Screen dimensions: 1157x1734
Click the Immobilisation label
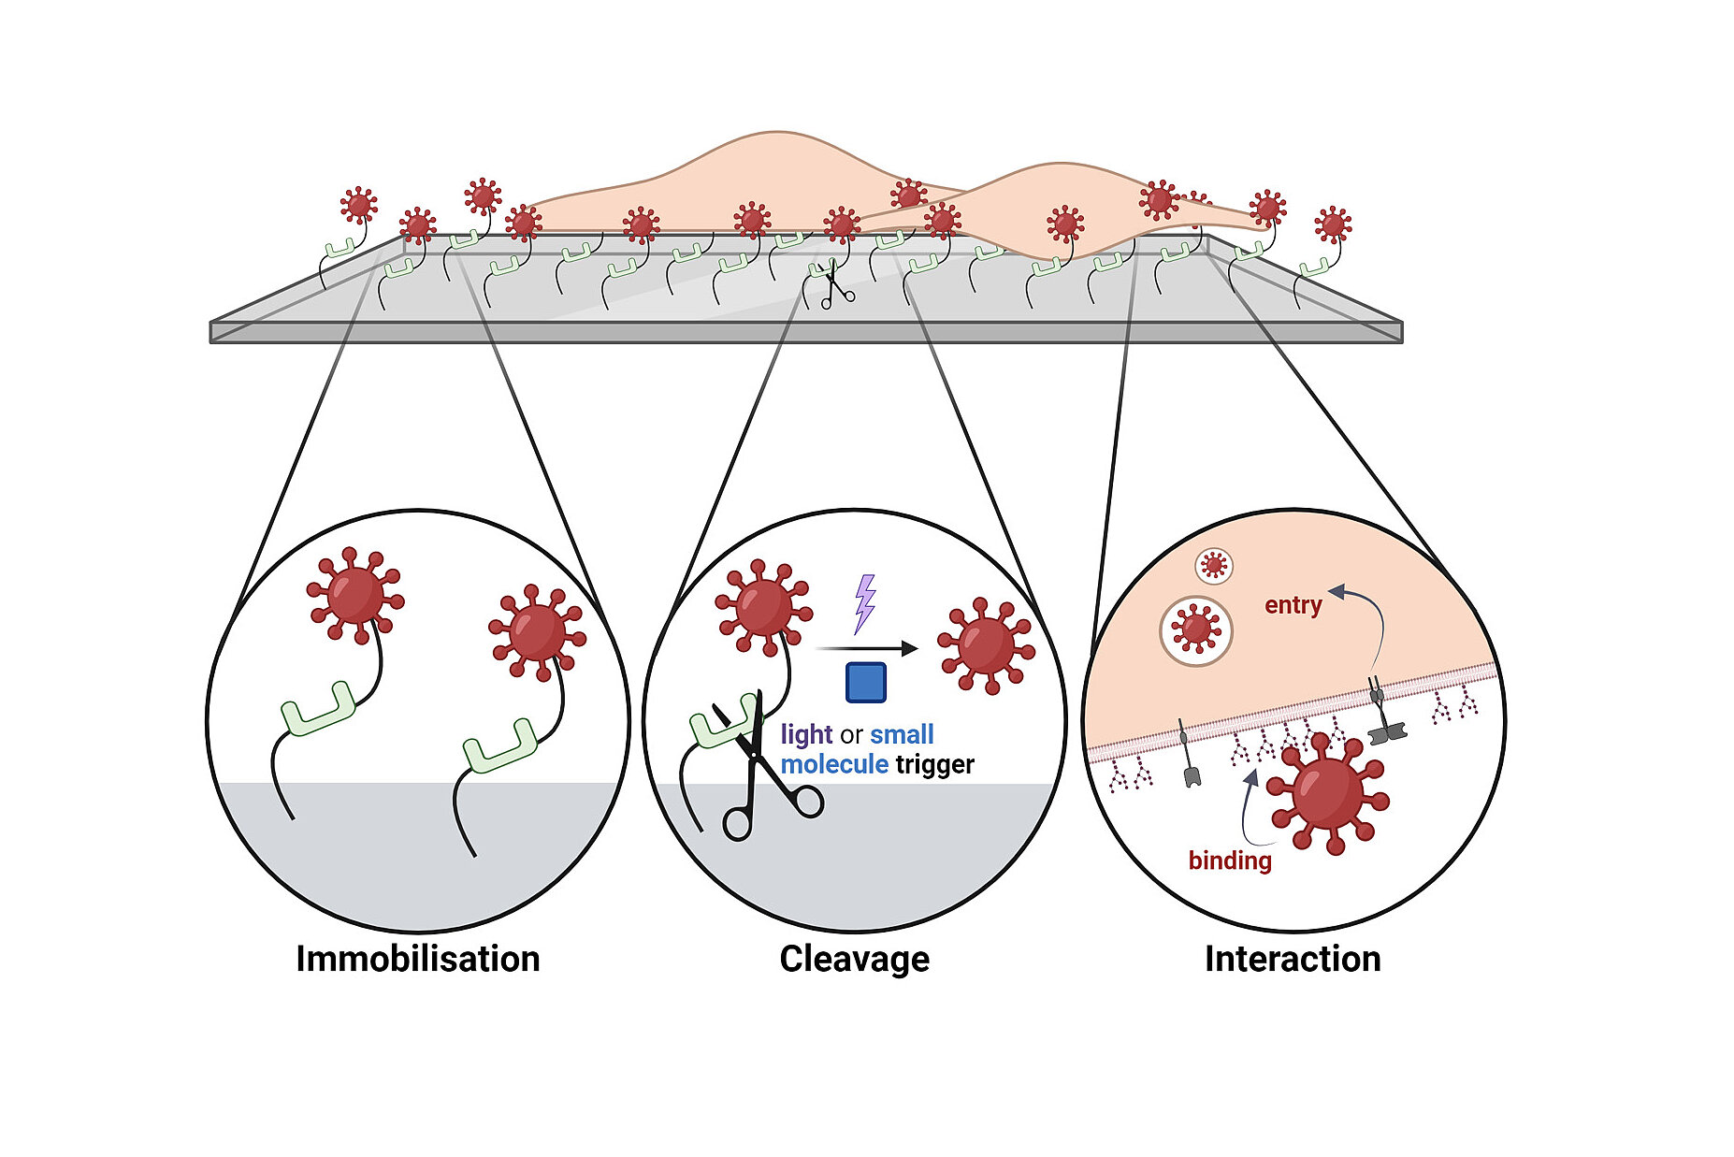point(417,959)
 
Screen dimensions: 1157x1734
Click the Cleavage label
point(854,959)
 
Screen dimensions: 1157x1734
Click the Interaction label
point(1292,959)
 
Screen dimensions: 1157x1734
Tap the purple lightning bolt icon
point(865,603)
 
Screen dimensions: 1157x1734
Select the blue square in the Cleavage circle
point(865,682)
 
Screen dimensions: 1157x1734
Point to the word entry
point(1293,605)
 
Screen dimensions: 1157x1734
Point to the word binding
point(1229,861)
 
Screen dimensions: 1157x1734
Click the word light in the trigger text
point(805,734)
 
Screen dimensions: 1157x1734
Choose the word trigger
point(934,765)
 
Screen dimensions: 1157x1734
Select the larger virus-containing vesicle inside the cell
point(1195,630)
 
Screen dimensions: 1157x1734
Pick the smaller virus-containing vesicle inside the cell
point(1214,565)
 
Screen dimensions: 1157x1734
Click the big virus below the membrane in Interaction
point(1327,793)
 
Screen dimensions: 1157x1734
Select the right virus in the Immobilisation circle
point(536,632)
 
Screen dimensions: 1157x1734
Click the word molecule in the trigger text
point(834,765)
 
